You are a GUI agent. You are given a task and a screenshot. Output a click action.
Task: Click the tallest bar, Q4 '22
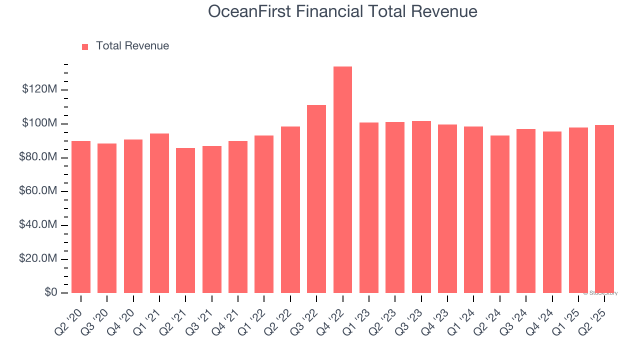click(x=342, y=180)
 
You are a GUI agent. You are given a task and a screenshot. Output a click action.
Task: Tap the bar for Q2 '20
click(x=81, y=217)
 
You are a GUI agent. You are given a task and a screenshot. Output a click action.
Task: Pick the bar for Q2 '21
click(x=185, y=220)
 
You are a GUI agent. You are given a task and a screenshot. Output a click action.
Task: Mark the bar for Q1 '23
click(x=369, y=207)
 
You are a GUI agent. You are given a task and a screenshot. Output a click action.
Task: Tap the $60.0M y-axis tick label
click(x=38, y=191)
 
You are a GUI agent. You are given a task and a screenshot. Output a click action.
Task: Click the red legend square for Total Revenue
click(x=85, y=46)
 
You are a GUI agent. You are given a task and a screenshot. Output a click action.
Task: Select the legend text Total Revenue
click(x=132, y=46)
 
